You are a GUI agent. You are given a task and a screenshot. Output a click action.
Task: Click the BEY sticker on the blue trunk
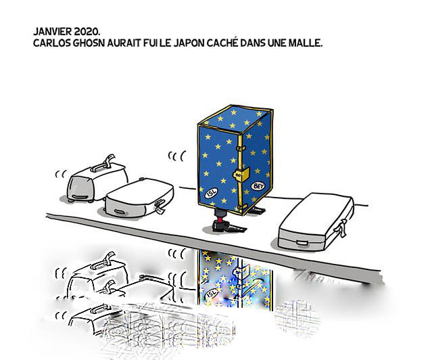258,187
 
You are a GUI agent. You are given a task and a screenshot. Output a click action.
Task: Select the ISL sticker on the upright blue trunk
212,193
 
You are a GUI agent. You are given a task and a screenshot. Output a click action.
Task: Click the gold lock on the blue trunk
239,175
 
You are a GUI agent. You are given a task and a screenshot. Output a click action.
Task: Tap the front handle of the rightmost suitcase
302,243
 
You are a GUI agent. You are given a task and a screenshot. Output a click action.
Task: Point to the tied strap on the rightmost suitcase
341,228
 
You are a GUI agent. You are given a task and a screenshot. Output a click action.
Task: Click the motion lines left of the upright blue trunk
176,156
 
